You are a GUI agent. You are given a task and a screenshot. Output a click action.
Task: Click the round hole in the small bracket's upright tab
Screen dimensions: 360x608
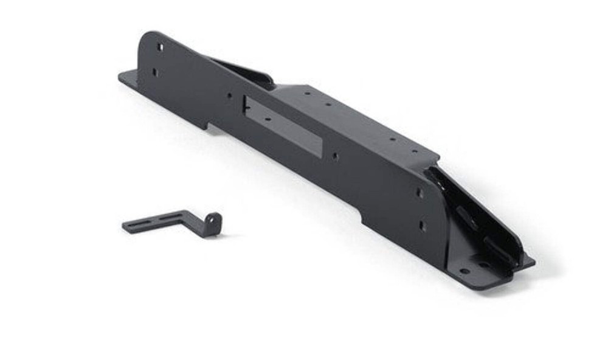pos(212,218)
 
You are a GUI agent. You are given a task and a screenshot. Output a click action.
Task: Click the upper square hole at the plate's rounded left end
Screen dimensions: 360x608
pos(161,47)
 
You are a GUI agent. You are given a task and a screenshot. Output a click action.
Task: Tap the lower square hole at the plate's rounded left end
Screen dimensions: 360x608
pos(154,72)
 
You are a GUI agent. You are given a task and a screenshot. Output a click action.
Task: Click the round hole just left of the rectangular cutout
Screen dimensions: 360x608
pos(229,95)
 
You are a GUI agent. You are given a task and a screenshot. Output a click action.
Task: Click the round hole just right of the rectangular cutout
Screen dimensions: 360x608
pos(334,156)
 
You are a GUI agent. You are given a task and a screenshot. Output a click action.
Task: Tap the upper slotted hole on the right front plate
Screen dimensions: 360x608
pos(419,193)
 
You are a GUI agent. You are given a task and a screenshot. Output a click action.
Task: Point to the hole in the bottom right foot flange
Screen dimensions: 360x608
pos(464,270)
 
